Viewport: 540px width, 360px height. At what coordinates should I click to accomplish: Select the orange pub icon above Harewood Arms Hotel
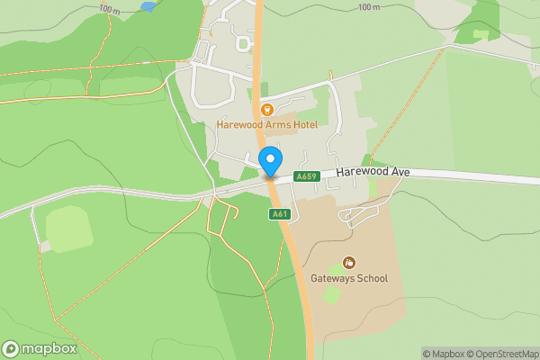[x=266, y=109]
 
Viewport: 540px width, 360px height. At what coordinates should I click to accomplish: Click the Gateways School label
[x=348, y=278]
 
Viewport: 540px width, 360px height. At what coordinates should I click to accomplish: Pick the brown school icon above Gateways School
[x=348, y=263]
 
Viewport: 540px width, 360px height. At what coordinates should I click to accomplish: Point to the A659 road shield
[x=307, y=177]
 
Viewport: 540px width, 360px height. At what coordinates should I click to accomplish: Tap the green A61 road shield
[x=278, y=213]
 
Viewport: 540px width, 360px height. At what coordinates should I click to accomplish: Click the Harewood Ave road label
[x=373, y=171]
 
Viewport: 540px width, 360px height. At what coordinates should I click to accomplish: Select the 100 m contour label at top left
[x=110, y=9]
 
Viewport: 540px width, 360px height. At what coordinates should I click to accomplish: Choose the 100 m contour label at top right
[x=368, y=7]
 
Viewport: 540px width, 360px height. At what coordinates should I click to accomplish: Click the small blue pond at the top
[x=147, y=6]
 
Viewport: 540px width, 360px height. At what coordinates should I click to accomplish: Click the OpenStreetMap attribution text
[x=502, y=354]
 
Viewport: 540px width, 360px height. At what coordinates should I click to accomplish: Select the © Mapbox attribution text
[x=441, y=354]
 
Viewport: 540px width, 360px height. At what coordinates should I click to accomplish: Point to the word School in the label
[x=370, y=278]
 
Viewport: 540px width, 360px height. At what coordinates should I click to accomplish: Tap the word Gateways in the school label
[x=332, y=278]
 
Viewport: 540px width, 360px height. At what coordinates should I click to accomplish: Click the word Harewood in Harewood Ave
[x=363, y=171]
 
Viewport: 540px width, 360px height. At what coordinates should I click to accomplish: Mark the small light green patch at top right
[x=481, y=35]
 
